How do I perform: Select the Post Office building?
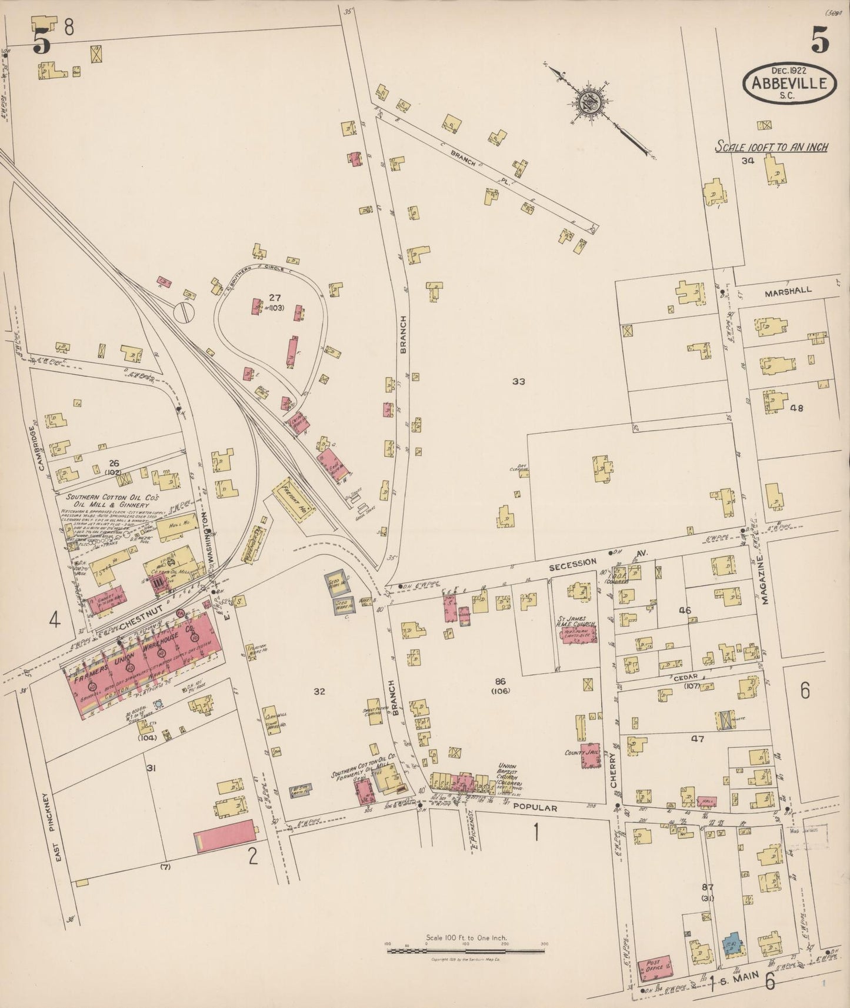click(655, 968)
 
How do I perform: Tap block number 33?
click(518, 382)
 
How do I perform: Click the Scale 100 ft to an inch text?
click(771, 147)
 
